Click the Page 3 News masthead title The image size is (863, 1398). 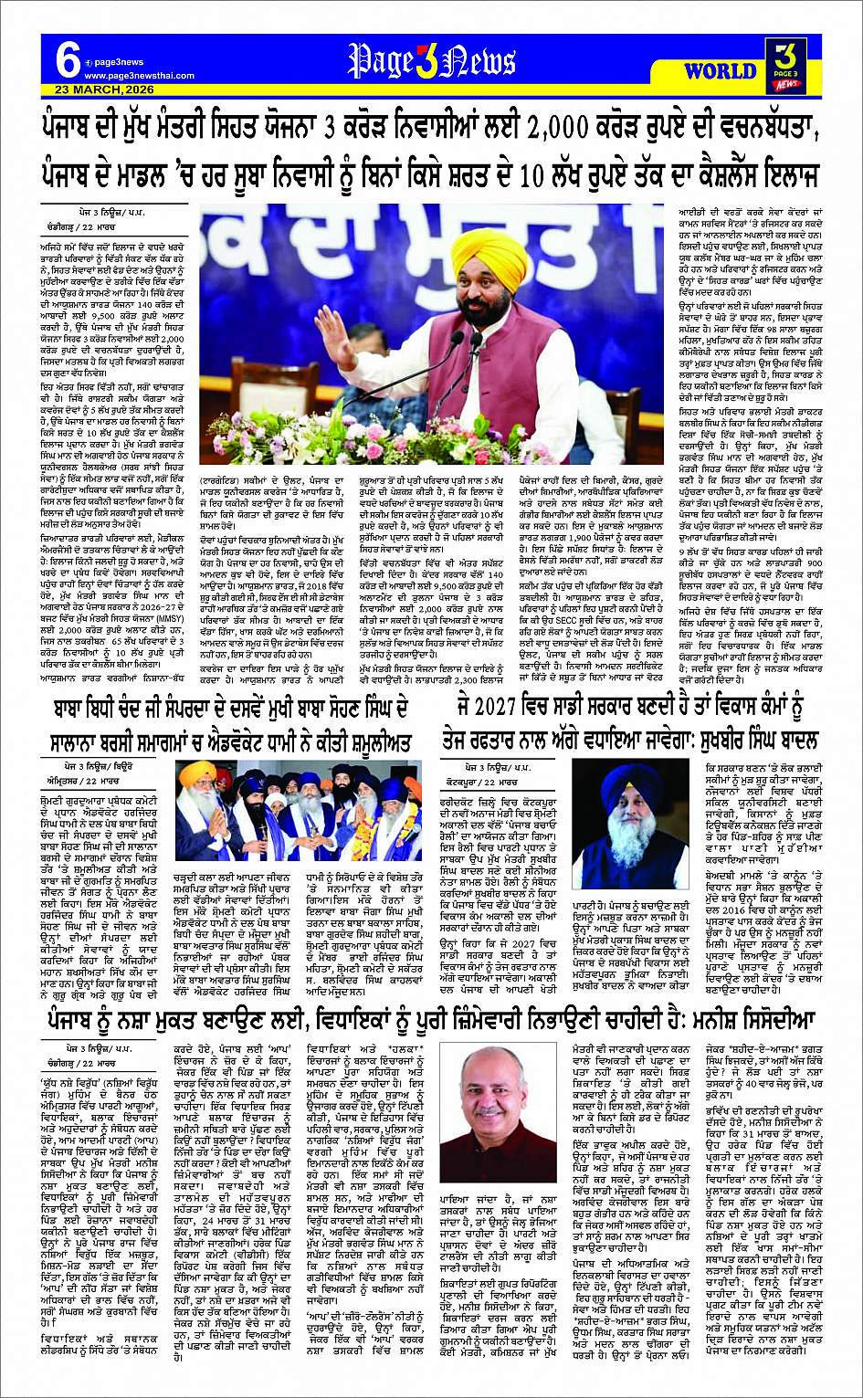coord(431,61)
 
